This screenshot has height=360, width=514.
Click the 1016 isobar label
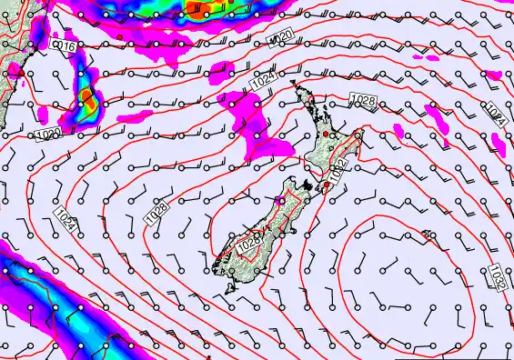(64, 45)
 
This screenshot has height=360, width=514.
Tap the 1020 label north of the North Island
(282, 35)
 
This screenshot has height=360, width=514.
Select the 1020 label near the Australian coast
(48, 134)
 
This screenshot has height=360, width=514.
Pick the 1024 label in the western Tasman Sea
(65, 218)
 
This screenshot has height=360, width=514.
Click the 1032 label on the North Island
(338, 173)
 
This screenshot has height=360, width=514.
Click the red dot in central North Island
(325, 135)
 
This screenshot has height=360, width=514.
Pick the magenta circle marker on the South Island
(280, 200)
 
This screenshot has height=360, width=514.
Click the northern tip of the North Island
(293, 85)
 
